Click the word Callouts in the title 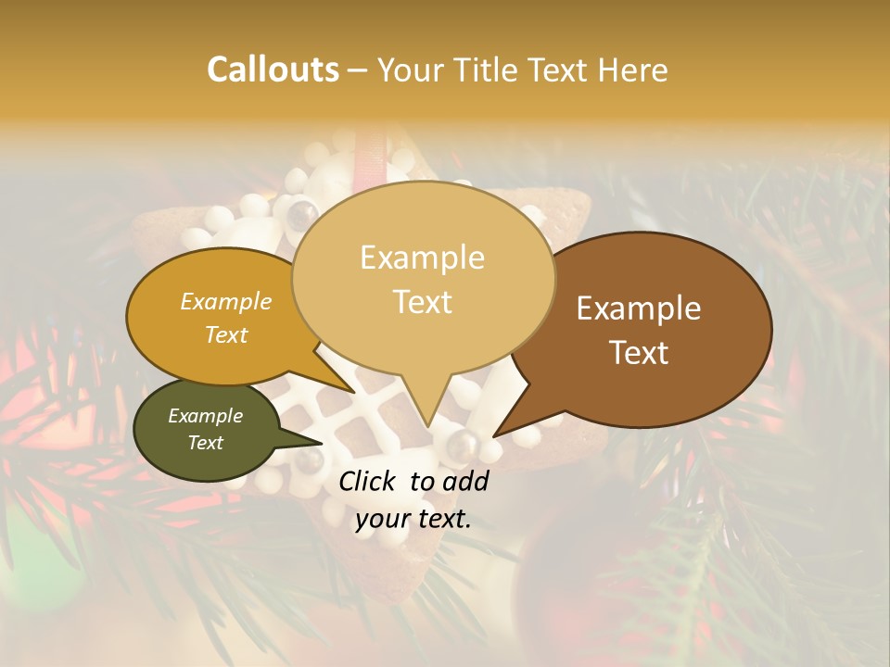tap(273, 69)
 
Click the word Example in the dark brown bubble tap(639, 308)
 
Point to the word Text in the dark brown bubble tap(639, 353)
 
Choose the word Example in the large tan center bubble tap(422, 258)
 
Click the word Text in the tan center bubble tap(422, 302)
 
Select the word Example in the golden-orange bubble tap(225, 302)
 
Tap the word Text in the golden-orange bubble tap(225, 334)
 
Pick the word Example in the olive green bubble tap(205, 416)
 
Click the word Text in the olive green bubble tap(205, 443)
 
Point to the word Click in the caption tap(369, 481)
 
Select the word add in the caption tap(466, 481)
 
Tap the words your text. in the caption tap(413, 520)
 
